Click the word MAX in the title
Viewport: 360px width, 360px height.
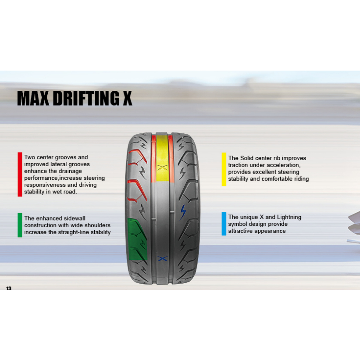pyautogui.click(x=33, y=98)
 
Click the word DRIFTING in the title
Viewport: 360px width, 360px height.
pyautogui.click(x=86, y=98)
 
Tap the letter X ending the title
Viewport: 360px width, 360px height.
pyautogui.click(x=128, y=98)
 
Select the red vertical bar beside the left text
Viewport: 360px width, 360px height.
pyautogui.click(x=20, y=174)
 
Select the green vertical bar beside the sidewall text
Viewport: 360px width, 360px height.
pyautogui.click(x=20, y=225)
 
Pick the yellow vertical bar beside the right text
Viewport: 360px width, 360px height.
pyautogui.click(x=224, y=169)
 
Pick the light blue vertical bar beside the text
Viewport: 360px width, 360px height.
pyautogui.click(x=224, y=224)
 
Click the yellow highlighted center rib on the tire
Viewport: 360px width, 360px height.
pyautogui.click(x=162, y=158)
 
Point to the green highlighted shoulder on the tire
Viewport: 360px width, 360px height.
pyautogui.click(x=137, y=239)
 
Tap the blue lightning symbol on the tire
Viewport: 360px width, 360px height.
pyautogui.click(x=183, y=212)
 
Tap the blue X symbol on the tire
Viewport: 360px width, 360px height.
pyautogui.click(x=163, y=259)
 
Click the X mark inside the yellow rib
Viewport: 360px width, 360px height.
pyautogui.click(x=163, y=168)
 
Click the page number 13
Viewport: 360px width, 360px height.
pyautogui.click(x=9, y=288)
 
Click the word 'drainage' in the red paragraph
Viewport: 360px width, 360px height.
pyautogui.click(x=71, y=171)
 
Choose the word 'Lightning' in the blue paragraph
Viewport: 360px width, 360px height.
pyautogui.click(x=289, y=217)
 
